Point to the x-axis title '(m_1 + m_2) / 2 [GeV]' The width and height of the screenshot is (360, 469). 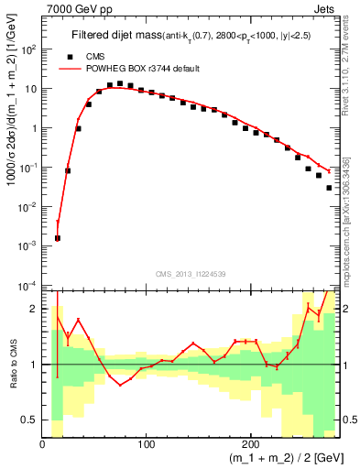(x=281, y=458)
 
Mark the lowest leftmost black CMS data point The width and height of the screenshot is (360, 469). (x=58, y=238)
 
